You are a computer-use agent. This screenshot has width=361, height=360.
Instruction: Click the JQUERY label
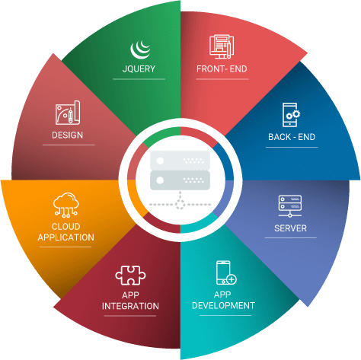(139, 68)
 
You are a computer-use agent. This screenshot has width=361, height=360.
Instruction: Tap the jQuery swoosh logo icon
(140, 50)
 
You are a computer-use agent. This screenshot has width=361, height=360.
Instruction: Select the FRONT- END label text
(222, 68)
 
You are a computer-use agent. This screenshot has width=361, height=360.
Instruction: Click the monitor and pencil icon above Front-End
(222, 46)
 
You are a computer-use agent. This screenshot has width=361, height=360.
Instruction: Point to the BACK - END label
(292, 137)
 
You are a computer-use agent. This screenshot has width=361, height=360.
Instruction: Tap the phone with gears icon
(291, 115)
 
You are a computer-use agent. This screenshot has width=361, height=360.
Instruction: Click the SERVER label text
(290, 228)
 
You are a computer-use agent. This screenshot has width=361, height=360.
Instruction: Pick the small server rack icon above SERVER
(290, 206)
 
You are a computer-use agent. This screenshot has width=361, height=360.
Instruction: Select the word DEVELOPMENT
(223, 305)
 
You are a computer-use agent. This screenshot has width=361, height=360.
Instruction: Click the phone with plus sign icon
(226, 272)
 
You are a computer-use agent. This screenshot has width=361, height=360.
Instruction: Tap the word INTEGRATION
(130, 306)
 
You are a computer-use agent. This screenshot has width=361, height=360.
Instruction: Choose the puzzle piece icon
(130, 276)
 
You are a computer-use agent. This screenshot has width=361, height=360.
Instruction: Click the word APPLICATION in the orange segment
(65, 237)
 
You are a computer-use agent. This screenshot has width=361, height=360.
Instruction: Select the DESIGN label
(67, 135)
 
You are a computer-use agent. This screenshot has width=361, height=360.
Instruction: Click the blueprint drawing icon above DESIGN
(68, 113)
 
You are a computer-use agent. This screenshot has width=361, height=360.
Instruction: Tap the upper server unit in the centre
(180, 161)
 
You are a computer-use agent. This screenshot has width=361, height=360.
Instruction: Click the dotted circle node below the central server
(180, 204)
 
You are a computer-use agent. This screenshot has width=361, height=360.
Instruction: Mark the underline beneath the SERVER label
(290, 237)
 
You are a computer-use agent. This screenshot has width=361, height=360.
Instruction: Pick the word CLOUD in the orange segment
(66, 226)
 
